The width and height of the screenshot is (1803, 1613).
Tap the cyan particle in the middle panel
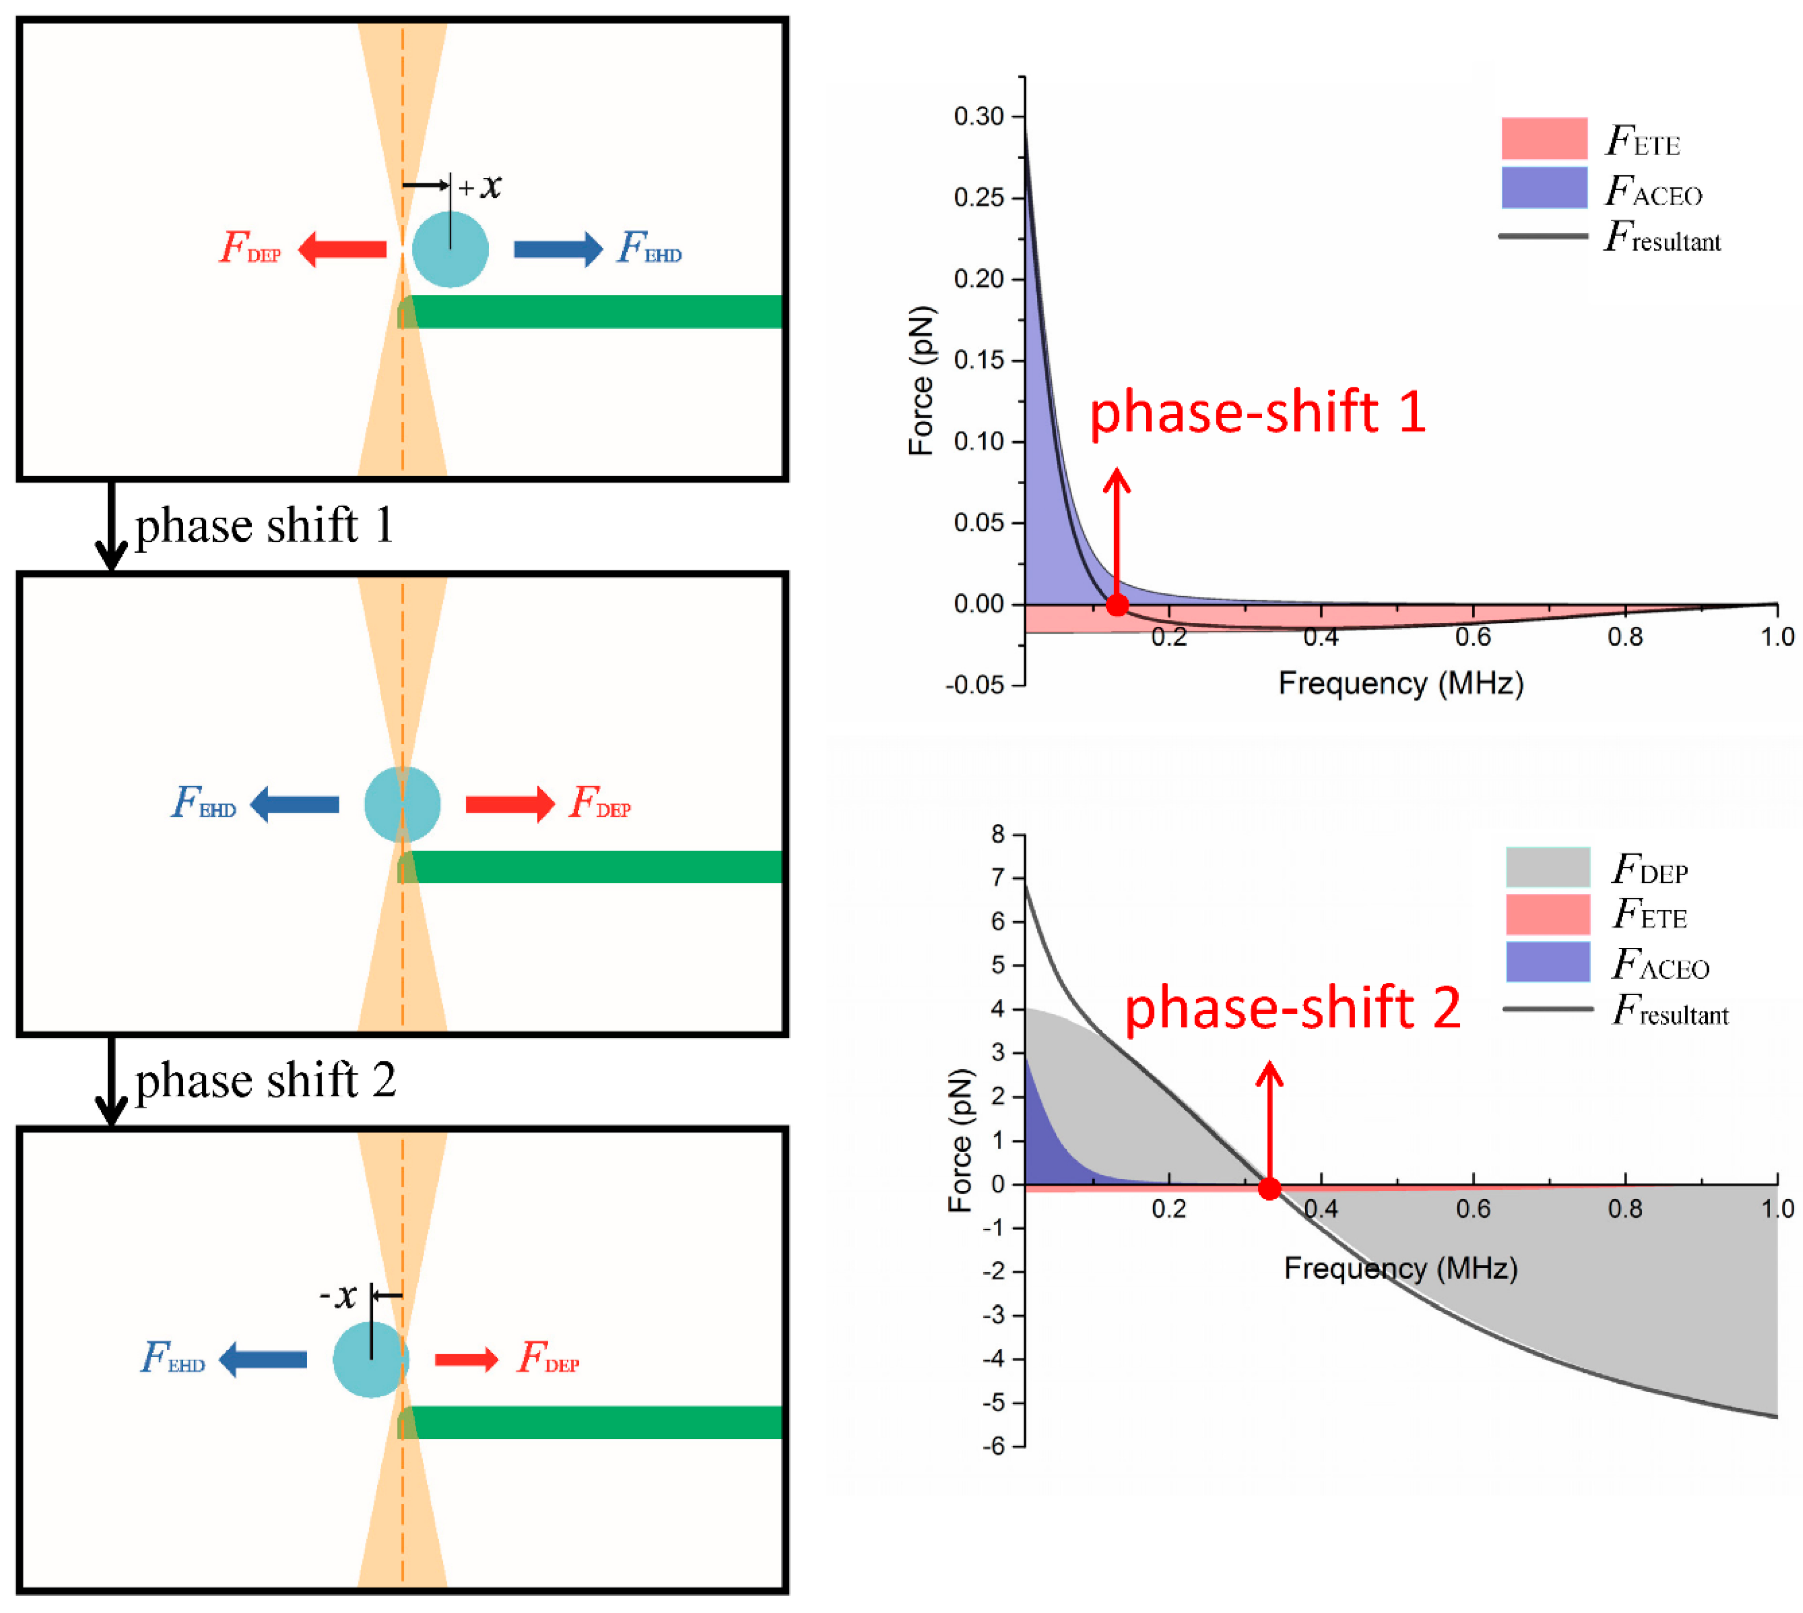[402, 804]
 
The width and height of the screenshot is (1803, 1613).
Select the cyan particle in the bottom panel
[370, 1359]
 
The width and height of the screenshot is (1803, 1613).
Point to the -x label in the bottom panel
[338, 1296]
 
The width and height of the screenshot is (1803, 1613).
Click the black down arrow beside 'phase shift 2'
[111, 1081]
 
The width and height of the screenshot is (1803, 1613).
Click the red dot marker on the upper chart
[1117, 605]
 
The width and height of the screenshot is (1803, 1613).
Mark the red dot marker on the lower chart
[1270, 1188]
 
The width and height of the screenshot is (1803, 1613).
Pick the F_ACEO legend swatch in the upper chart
[1543, 188]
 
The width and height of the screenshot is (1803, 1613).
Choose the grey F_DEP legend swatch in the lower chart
[1547, 867]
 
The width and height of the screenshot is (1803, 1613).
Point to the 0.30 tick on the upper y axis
[978, 117]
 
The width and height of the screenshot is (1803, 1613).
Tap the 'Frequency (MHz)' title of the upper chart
[1400, 684]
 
